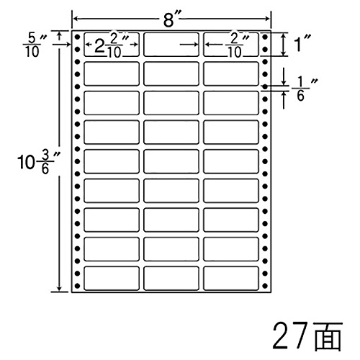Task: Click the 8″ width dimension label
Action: click(x=171, y=19)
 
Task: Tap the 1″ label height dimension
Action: click(x=302, y=43)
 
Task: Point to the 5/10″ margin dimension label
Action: click(x=35, y=45)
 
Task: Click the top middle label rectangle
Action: click(x=171, y=45)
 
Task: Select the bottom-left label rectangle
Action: click(x=112, y=278)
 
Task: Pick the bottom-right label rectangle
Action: click(x=231, y=278)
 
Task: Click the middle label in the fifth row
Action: click(x=171, y=161)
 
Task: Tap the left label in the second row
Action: click(x=112, y=73)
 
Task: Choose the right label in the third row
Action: click(x=231, y=103)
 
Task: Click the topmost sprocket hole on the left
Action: click(x=77, y=37)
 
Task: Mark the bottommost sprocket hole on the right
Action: click(x=265, y=286)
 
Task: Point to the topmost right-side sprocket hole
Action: click(x=265, y=37)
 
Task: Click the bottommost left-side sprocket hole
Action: click(x=77, y=286)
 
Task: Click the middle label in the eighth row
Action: click(x=171, y=249)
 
